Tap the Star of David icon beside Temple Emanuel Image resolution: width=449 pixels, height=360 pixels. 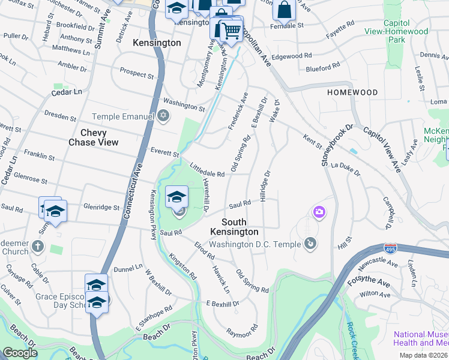pos(163,116)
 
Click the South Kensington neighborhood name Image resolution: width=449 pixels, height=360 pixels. pos(235,227)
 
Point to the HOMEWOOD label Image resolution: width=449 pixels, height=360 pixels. pos(352,92)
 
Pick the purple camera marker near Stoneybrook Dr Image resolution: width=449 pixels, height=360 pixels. pos(319,211)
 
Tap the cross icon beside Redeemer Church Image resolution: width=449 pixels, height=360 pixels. pos(38,245)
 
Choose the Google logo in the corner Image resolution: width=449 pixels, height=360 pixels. pos(20,353)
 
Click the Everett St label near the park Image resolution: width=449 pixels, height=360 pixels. pos(164,154)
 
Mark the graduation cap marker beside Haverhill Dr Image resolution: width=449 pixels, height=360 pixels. pos(176,197)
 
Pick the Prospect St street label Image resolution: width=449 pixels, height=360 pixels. pos(137,73)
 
